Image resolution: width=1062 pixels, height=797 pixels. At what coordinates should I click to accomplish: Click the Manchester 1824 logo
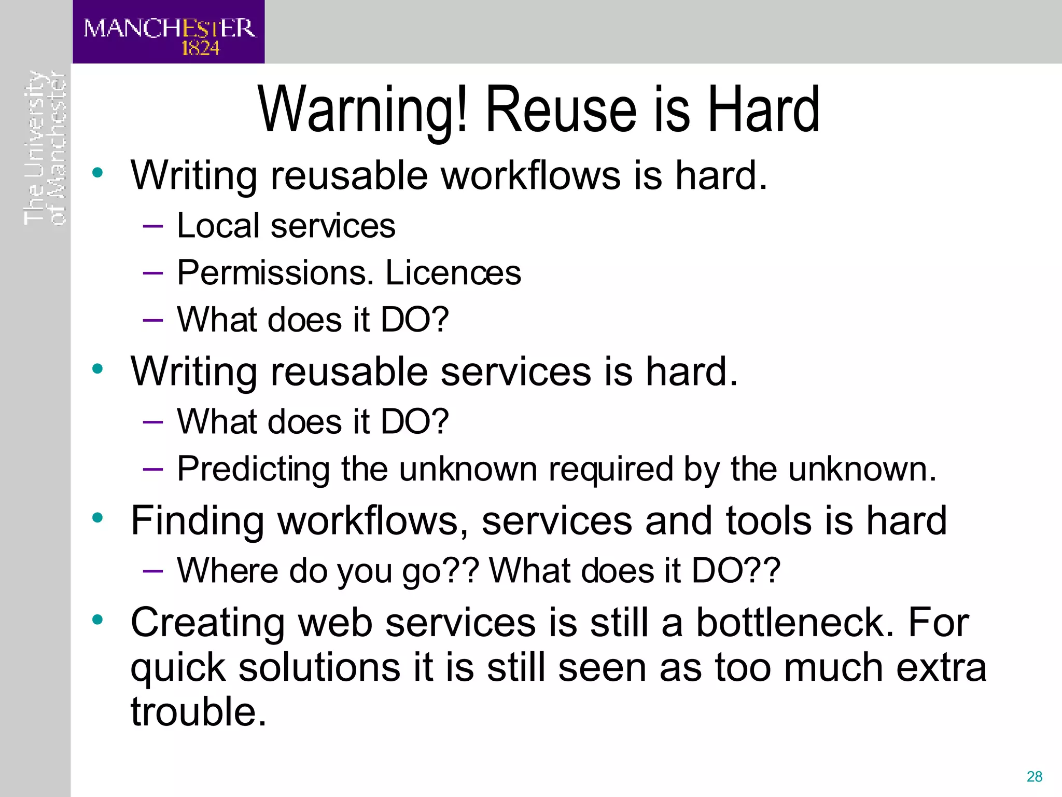click(x=169, y=32)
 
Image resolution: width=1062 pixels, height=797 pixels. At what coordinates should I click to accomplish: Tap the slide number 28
click(x=1034, y=776)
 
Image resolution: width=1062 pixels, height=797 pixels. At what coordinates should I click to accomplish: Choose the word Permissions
click(x=275, y=273)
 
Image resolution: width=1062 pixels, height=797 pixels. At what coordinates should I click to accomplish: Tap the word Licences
click(x=453, y=273)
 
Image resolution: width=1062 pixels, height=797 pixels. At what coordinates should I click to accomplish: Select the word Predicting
click(x=253, y=470)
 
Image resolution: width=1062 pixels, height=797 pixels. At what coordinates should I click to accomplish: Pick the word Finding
click(x=198, y=521)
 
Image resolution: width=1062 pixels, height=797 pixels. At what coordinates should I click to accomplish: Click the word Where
click(x=227, y=571)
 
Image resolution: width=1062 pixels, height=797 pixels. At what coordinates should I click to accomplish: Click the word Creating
click(x=207, y=623)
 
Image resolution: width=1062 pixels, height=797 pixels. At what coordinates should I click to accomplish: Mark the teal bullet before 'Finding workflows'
click(x=97, y=517)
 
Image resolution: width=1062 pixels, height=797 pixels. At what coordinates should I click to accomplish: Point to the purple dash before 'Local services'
click(x=152, y=226)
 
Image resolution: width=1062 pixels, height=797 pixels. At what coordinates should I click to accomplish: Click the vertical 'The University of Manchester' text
click(x=45, y=148)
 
